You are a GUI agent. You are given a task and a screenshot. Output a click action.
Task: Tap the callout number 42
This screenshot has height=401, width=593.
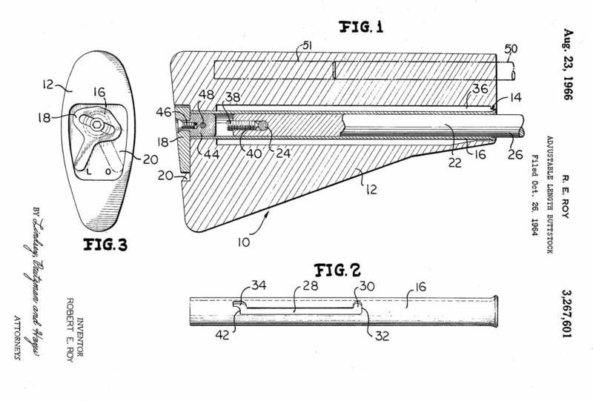coord(222,335)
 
